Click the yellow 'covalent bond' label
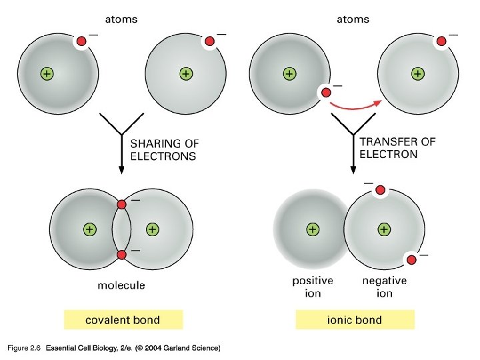click(x=123, y=320)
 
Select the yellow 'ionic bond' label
click(x=355, y=320)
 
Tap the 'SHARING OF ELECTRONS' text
click(x=164, y=149)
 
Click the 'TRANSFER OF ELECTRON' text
click(x=397, y=147)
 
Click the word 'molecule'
click(x=121, y=285)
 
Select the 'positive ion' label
click(x=313, y=287)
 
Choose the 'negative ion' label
click(x=385, y=287)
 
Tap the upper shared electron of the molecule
click(x=121, y=204)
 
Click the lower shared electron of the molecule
click(x=121, y=255)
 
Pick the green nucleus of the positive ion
click(x=313, y=229)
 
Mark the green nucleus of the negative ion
click(x=384, y=229)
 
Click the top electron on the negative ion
click(x=380, y=191)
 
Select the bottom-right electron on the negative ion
click(x=411, y=259)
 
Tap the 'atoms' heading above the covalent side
click(x=121, y=19)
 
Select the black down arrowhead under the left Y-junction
click(x=121, y=170)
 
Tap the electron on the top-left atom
click(x=81, y=42)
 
